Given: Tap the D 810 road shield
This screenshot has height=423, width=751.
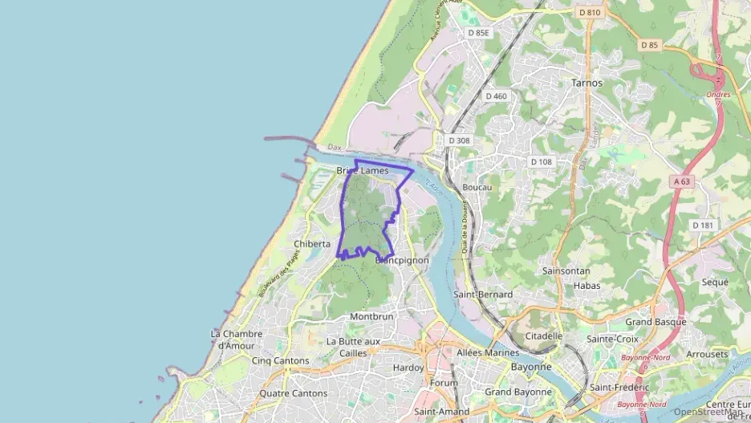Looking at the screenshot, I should pos(589,12).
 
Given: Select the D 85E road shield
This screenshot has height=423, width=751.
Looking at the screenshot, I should pos(479,33).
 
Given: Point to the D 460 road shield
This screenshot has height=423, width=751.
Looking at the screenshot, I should pos(497,96).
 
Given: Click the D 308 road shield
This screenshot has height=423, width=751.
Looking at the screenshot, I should pos(460,140).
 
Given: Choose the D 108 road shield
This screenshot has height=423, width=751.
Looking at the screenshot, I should pos(542,161).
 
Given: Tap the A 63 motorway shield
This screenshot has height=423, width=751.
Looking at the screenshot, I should pos(682,181).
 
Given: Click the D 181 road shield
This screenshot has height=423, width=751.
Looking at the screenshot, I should pos(702,225).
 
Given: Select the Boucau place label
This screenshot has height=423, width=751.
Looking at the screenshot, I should pos(477,187).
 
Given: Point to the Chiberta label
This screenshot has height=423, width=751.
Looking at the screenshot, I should pos(312,244).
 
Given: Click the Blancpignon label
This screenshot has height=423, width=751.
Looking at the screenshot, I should pos(402,260).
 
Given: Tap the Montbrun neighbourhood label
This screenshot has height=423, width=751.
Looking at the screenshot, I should pos(371,316).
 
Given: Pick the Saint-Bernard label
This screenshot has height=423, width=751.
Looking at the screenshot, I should pos(483,295).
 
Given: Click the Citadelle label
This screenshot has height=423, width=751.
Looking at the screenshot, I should pos(544,336).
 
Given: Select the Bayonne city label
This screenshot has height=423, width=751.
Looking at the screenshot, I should pos(530,367).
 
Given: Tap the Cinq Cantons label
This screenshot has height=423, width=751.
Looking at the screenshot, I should pos(280,361).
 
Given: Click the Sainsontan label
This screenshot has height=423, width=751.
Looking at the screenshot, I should pos(566,270).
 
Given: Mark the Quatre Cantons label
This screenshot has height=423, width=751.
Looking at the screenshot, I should pos(293,393).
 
